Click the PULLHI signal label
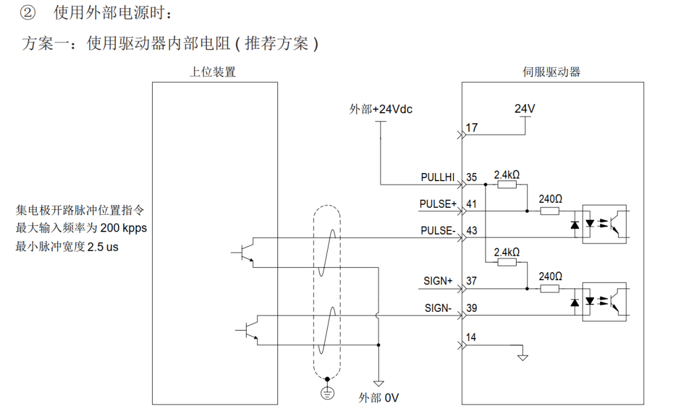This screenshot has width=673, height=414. pyautogui.click(x=439, y=177)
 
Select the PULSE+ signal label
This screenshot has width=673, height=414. pyautogui.click(x=439, y=204)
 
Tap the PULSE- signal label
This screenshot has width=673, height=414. pyautogui.click(x=439, y=231)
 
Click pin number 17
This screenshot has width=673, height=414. pyautogui.click(x=472, y=128)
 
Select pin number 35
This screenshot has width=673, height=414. pyautogui.click(x=472, y=177)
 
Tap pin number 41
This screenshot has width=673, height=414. pyautogui.click(x=472, y=204)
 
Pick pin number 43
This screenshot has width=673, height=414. pyautogui.click(x=472, y=231)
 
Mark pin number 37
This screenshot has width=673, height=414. pyautogui.click(x=472, y=281)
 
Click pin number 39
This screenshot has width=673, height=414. pyautogui.click(x=472, y=308)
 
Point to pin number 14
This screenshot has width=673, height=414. pyautogui.click(x=472, y=337)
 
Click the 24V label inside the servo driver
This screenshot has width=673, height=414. pyautogui.click(x=525, y=108)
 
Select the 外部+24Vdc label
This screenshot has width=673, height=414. pyautogui.click(x=381, y=110)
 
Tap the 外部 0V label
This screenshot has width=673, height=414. pyautogui.click(x=378, y=397)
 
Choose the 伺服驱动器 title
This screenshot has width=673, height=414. pyautogui.click(x=551, y=72)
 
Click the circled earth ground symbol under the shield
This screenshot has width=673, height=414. pyautogui.click(x=327, y=392)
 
